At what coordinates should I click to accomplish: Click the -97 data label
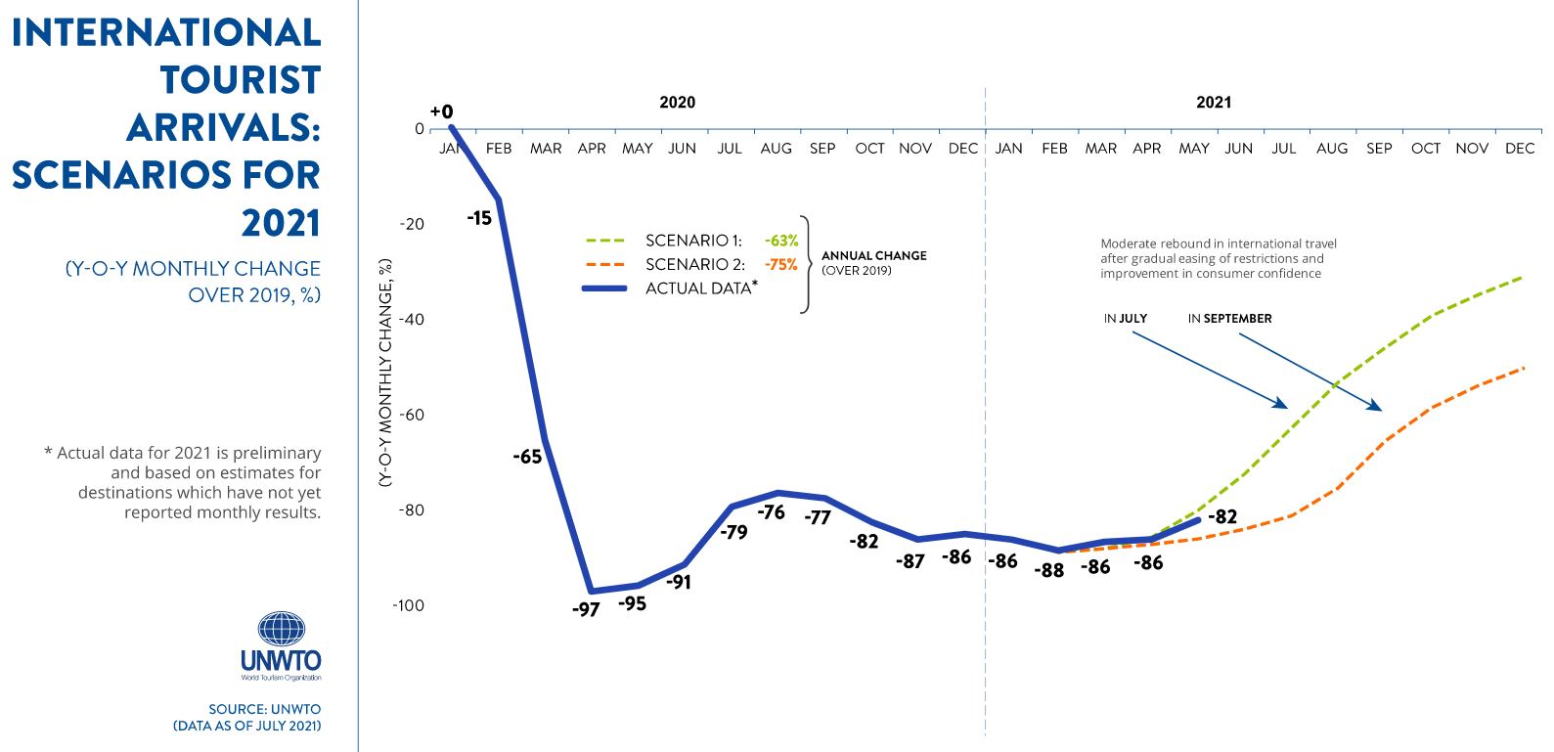coord(586,610)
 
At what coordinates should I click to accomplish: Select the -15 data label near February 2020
coord(479,218)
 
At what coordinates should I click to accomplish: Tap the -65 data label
coord(527,457)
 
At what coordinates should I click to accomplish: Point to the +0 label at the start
coord(442,112)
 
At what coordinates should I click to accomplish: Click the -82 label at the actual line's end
coord(1222,517)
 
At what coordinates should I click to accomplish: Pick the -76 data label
coord(771,512)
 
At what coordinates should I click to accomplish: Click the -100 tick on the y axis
coord(408,605)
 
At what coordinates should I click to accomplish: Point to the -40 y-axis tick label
coord(412,320)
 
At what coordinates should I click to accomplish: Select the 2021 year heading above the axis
coord(1214,102)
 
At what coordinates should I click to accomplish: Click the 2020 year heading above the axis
coord(677,102)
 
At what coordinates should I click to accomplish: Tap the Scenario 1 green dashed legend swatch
coord(604,241)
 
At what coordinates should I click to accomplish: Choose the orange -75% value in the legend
coord(781,264)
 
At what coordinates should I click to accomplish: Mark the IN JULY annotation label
coord(1126,319)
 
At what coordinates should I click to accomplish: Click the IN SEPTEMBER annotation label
coord(1229,319)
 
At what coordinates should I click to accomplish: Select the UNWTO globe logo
coord(281,629)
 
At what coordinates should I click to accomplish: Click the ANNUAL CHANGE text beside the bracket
coord(873,256)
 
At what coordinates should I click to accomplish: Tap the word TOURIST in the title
coord(241,80)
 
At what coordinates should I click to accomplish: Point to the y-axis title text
coord(385,372)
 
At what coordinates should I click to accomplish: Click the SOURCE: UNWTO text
coord(264,709)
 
